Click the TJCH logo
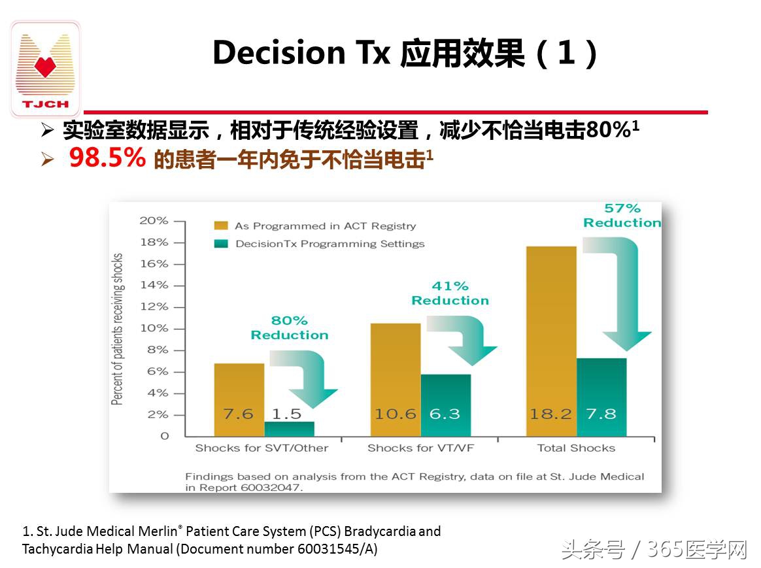[45, 69]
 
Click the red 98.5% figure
[107, 158]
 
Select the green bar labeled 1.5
[289, 428]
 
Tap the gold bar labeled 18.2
[551, 341]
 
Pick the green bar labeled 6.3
[445, 405]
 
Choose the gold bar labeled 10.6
[395, 379]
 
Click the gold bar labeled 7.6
[239, 399]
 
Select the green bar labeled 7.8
[601, 397]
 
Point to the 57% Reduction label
[622, 216]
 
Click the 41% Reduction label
[450, 293]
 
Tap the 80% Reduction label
[290, 327]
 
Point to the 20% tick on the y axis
[154, 221]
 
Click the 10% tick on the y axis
[154, 328]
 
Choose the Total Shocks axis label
[576, 448]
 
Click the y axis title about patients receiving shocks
[118, 329]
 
